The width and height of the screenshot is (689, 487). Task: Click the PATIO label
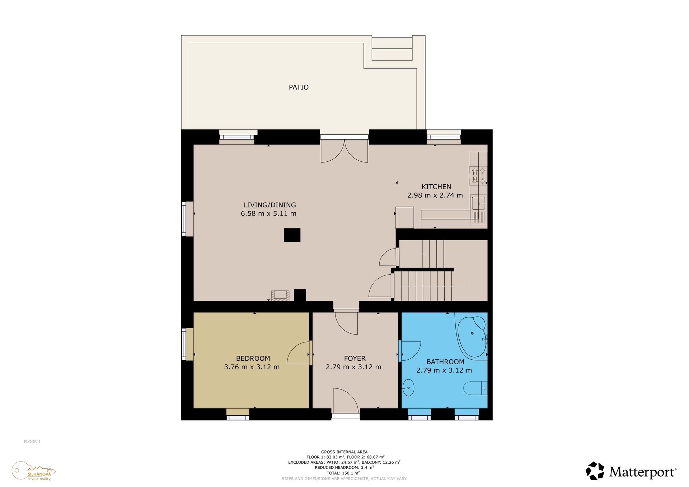pos(299,87)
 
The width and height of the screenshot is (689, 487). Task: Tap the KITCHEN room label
pos(436,187)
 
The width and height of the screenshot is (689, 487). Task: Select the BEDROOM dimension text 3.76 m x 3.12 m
pos(252,367)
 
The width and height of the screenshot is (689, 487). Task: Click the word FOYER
pos(355,358)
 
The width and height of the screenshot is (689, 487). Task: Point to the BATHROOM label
pos(445,362)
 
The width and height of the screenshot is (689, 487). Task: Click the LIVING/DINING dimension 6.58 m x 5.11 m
pos(269,214)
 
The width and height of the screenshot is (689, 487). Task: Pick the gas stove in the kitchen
pos(478,176)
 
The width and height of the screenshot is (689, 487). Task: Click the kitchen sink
pos(479,203)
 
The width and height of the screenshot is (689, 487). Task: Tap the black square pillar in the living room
pos(292,235)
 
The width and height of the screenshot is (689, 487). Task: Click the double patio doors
pos(344,151)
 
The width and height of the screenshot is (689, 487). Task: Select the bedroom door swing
pos(299,353)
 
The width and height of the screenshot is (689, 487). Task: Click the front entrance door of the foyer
pos(346,401)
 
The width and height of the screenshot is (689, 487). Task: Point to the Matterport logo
pos(631,471)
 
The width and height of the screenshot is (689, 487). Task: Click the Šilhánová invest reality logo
pos(34,471)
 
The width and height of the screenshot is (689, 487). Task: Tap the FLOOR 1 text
pos(32,441)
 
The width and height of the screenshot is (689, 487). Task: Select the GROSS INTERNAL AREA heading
pos(344,452)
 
